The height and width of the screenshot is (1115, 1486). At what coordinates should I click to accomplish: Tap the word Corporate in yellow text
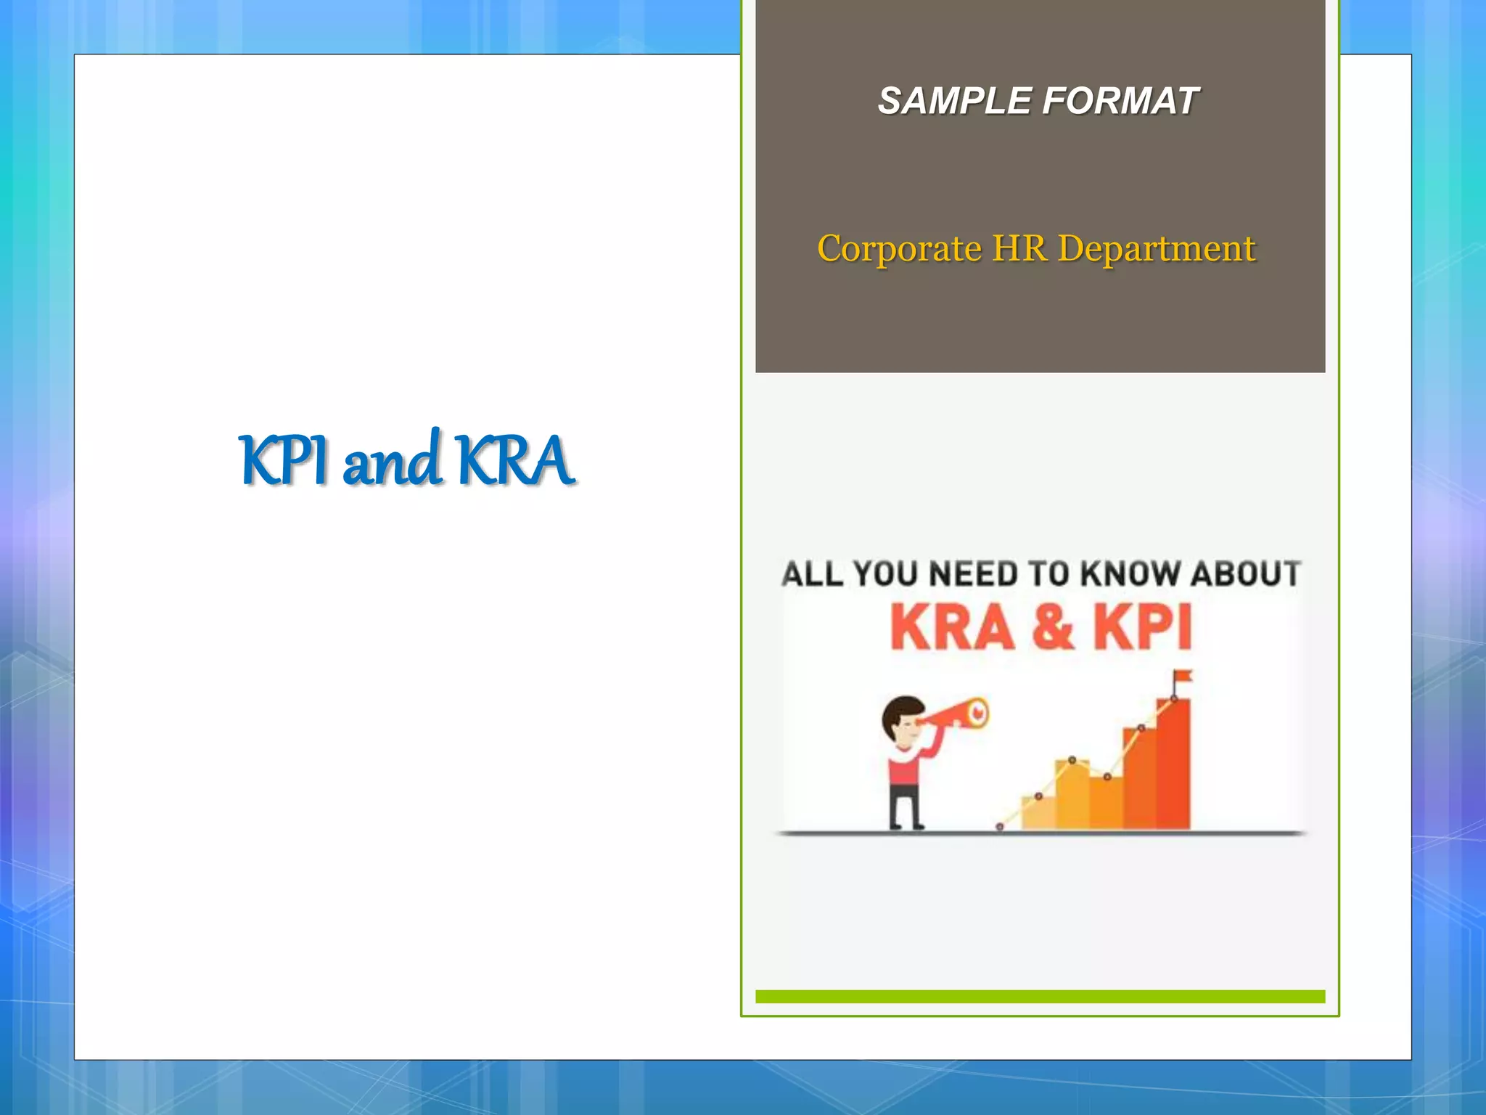coord(899,249)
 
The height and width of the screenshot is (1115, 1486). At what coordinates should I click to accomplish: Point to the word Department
coord(1157,249)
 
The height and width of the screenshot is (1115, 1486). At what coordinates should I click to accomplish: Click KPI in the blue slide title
coord(283,460)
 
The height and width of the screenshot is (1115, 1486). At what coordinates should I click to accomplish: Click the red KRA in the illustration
coord(952,627)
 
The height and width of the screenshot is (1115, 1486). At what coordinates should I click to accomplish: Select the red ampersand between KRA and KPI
coord(1051,627)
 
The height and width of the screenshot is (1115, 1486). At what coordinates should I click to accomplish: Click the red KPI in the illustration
coord(1142,627)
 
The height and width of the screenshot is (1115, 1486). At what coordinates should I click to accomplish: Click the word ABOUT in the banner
coord(1245,573)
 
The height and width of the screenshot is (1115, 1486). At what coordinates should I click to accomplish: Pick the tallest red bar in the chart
coord(1173,766)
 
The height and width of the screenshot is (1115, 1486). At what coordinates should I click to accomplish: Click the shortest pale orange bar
coord(1038,814)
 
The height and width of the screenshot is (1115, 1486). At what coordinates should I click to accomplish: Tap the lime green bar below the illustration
coord(1040,997)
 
